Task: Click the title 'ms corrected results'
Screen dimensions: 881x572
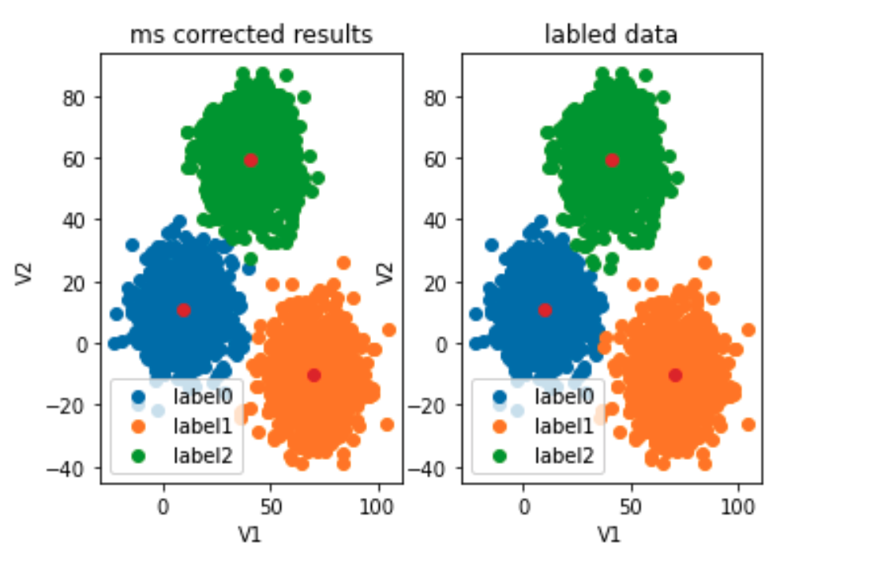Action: click(251, 35)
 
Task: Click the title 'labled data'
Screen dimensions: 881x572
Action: click(611, 35)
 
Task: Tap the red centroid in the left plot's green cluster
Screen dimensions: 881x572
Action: click(250, 160)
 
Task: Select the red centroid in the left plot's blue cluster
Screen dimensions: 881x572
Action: click(184, 310)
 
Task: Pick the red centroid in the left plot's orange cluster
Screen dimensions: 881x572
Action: click(314, 375)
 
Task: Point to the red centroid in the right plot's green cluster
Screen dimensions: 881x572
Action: click(612, 160)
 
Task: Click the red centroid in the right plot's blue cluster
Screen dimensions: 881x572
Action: click(545, 310)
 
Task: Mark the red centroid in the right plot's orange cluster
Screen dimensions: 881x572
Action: click(676, 375)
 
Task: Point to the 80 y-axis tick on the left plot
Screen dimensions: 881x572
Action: click(73, 98)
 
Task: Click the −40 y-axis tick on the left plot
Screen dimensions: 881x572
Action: click(66, 468)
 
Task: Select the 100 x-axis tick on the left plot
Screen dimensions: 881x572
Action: click(377, 507)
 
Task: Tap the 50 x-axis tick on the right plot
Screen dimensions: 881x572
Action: click(632, 507)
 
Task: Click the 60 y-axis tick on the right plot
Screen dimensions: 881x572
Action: click(435, 159)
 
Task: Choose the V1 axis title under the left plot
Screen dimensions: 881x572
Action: click(250, 534)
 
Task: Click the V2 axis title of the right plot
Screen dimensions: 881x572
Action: click(385, 273)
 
